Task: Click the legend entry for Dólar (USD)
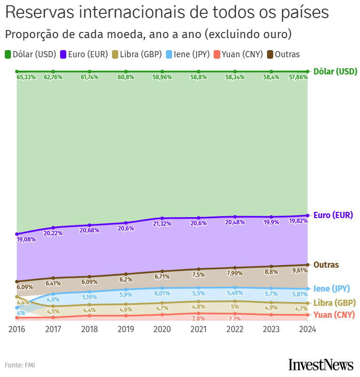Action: tap(31, 54)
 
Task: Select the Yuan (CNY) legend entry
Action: tap(238, 54)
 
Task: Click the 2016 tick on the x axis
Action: tap(17, 329)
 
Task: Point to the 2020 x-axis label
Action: tap(162, 329)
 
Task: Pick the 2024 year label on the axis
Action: tap(308, 329)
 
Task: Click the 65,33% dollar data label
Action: tap(26, 77)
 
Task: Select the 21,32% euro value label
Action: tap(162, 224)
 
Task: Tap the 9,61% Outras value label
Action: tap(298, 270)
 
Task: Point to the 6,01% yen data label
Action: tap(162, 293)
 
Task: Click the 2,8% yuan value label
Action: tap(198, 318)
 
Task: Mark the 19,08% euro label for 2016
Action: tap(26, 240)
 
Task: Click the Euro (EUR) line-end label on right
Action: tap(333, 215)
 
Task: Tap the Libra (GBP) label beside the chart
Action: tap(334, 303)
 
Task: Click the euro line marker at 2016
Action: tap(17, 234)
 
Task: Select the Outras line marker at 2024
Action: tap(308, 265)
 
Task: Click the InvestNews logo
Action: tap(320, 365)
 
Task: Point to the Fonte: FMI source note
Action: tap(20, 365)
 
